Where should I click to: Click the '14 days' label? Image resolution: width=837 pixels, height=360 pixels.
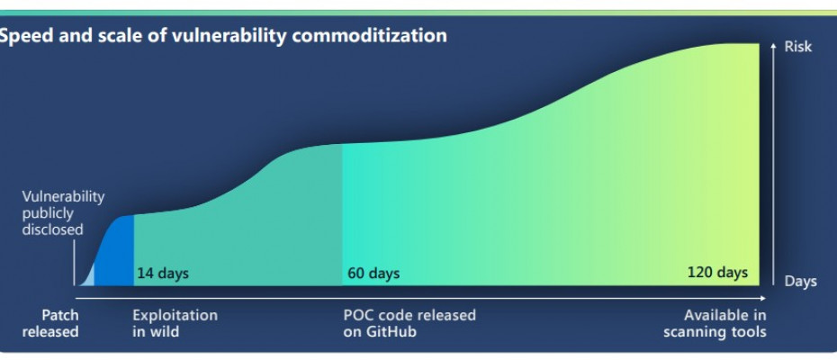point(163,274)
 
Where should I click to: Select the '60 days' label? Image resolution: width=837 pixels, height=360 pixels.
point(373,274)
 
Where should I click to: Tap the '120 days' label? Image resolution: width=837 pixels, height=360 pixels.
point(717,273)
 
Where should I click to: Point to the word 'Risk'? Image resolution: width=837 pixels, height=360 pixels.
point(798,47)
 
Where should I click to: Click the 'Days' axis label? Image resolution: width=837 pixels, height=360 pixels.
point(800,282)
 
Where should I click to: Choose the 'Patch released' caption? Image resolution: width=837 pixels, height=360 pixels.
point(50,323)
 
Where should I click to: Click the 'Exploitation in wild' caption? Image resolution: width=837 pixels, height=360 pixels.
point(175,323)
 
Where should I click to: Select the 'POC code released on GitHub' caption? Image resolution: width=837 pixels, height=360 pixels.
point(409,323)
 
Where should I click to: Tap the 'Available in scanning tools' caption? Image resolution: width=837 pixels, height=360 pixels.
point(715,323)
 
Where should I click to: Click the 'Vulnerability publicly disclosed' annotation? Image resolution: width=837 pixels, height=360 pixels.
point(63,213)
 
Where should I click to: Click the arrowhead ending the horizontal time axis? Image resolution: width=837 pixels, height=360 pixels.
point(763,298)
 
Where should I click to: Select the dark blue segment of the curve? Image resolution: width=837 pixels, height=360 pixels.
point(116,250)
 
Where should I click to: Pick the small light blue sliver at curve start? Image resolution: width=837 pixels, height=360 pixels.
point(88,275)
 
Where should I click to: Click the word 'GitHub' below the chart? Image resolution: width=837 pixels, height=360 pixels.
point(391,332)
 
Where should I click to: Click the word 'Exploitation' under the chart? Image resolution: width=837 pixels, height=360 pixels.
point(175,315)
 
